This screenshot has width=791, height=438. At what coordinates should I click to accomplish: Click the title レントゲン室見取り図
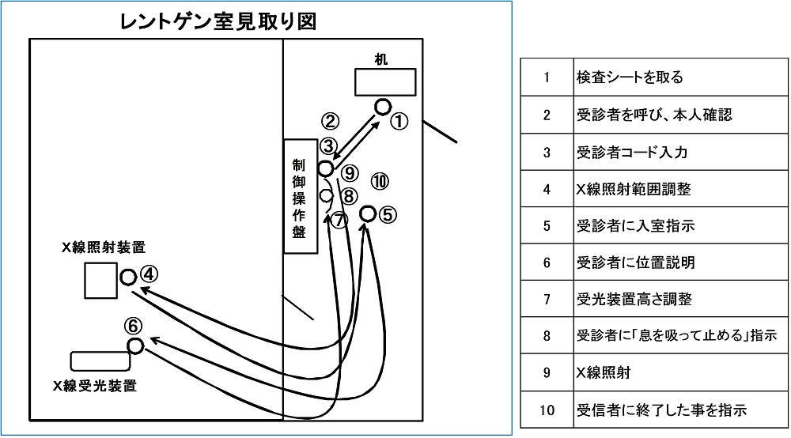218,21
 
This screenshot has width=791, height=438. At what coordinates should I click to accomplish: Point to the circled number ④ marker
150,274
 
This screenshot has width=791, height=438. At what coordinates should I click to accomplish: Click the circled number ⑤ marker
388,213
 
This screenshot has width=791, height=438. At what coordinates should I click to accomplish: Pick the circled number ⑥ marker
134,325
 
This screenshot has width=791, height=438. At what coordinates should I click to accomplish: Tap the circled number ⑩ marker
380,182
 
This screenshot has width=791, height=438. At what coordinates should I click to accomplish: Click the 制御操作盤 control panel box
299,195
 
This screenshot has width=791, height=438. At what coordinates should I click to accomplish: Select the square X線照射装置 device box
100,279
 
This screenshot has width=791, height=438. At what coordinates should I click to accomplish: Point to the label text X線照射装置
104,247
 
